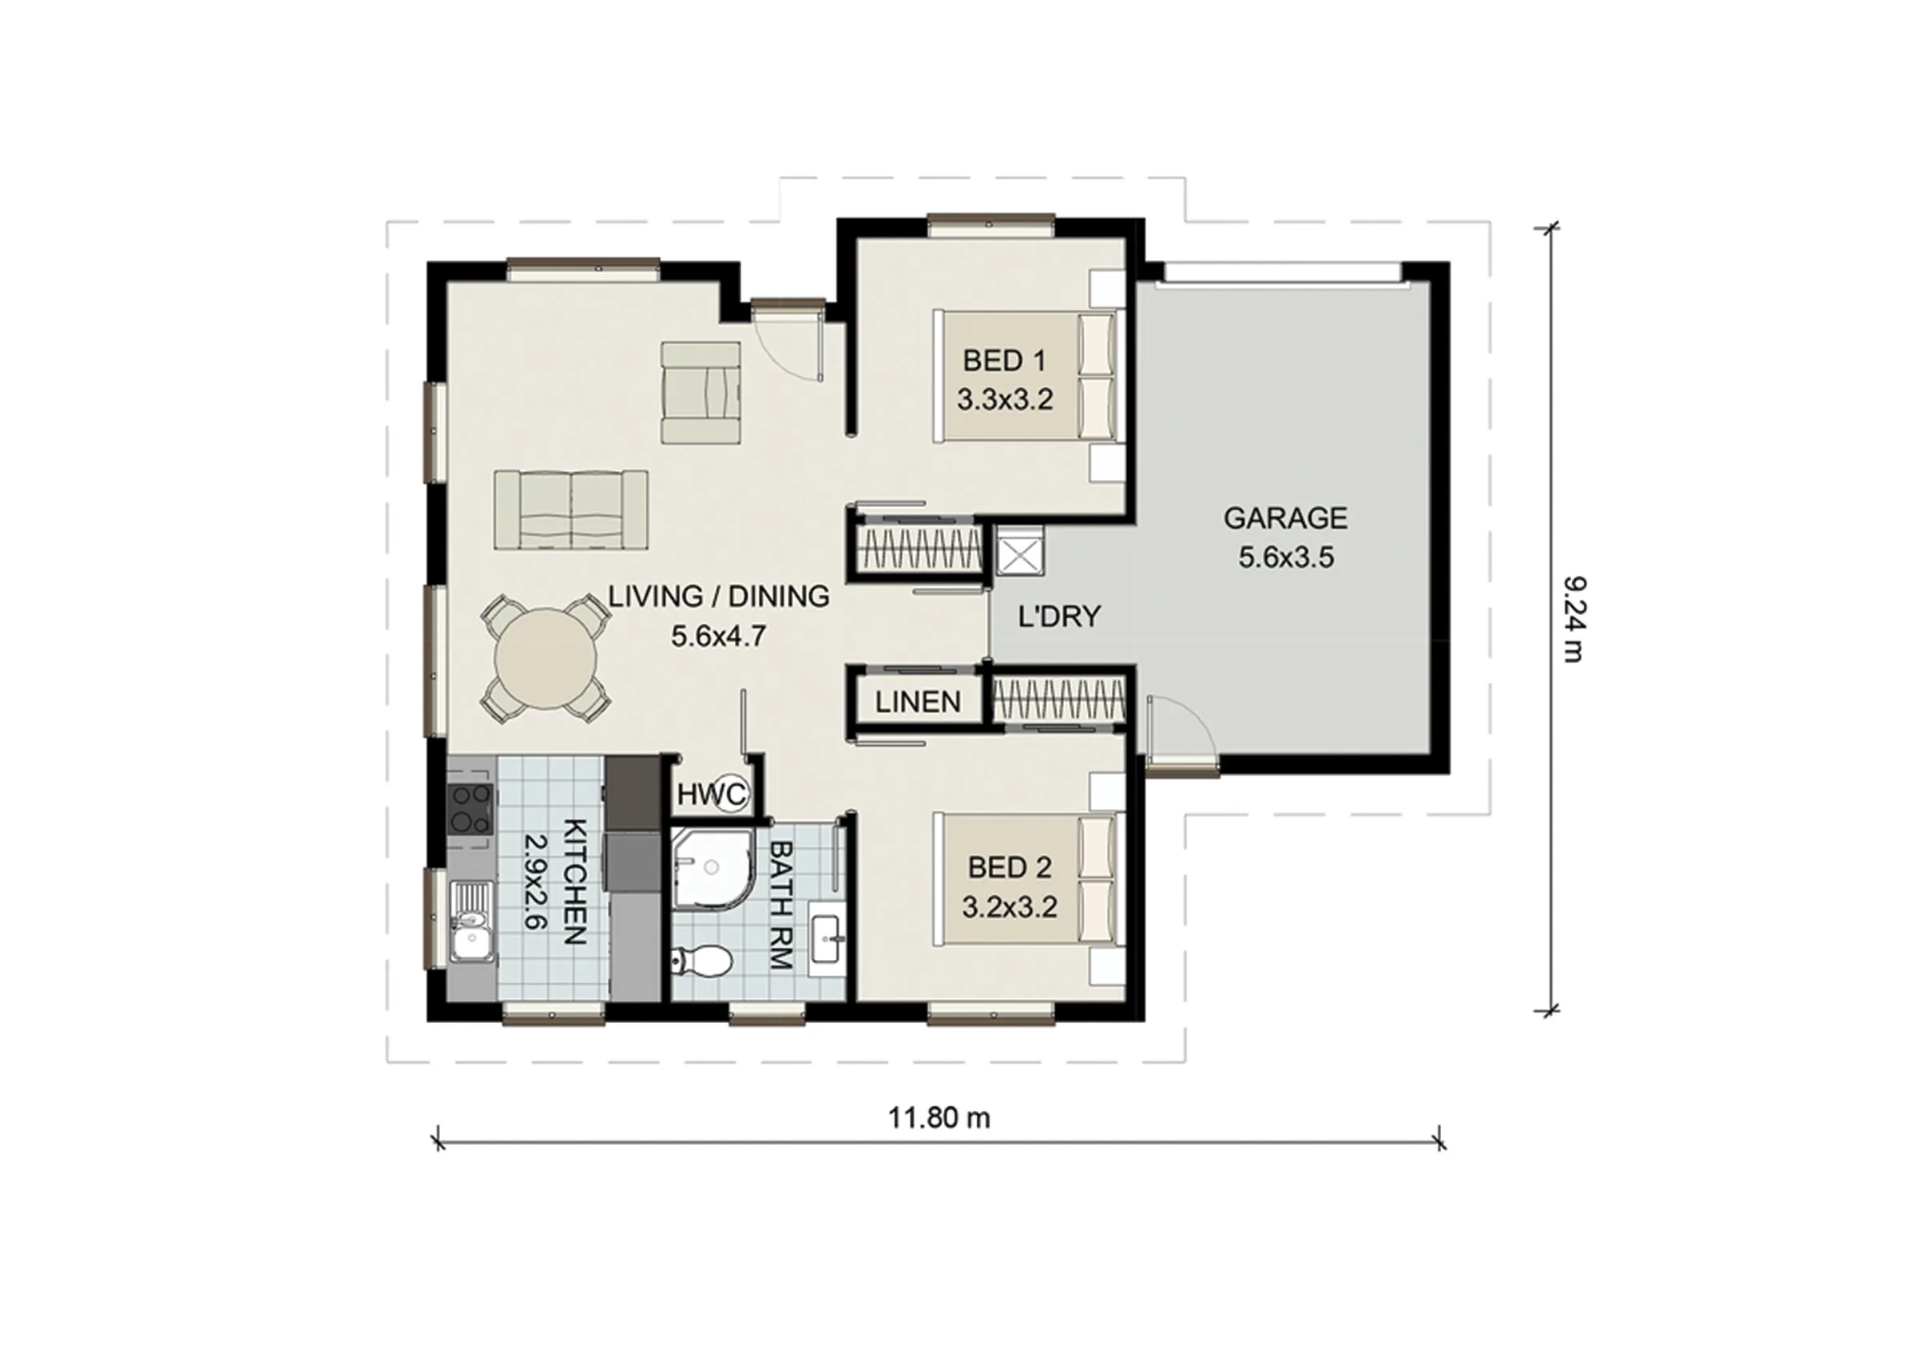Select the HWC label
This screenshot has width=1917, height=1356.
tap(711, 795)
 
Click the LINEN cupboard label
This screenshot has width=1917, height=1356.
tap(919, 702)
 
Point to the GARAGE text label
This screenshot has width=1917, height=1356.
tap(1286, 518)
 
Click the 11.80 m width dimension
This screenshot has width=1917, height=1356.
tap(939, 1117)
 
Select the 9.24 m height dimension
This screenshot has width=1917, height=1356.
tap(1572, 619)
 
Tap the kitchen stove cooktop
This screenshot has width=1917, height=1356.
tap(468, 810)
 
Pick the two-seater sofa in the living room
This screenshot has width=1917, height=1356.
tap(571, 509)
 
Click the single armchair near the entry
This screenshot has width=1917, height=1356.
tap(701, 392)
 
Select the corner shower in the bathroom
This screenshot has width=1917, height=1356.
tap(710, 868)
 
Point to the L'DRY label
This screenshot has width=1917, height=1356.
tap(1059, 617)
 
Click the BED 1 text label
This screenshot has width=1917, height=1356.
tap(1004, 361)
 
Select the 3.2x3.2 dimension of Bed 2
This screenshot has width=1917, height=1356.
tap(1010, 906)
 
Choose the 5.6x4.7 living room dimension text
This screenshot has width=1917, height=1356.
tap(719, 636)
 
